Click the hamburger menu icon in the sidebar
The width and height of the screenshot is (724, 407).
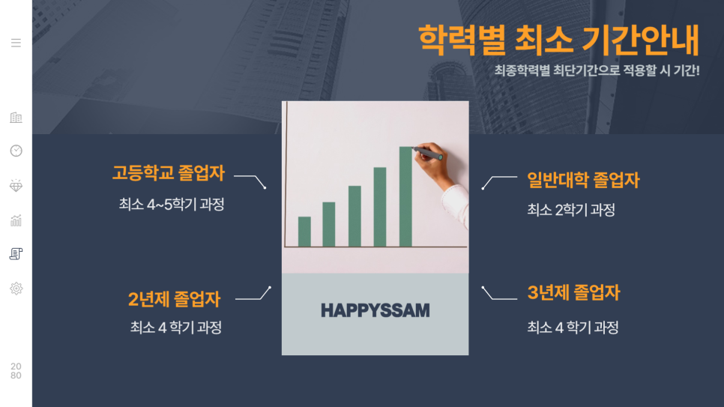16,43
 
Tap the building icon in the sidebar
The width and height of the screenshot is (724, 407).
16,118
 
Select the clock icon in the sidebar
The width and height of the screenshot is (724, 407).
16,151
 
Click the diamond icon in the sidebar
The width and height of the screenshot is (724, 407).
16,186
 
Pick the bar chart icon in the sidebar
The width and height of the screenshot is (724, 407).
16,220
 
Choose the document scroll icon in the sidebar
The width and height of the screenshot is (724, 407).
16,253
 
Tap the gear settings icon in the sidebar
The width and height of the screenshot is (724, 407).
16,289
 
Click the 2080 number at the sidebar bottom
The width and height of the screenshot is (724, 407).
16,371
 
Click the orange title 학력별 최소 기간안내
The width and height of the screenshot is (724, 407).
558,40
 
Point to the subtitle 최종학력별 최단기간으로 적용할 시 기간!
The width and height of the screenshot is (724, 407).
597,70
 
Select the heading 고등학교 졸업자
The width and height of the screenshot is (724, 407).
169,173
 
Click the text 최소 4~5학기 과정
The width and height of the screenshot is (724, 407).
172,204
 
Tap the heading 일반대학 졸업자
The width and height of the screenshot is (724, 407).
583,180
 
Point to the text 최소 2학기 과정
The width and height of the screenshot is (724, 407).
571,210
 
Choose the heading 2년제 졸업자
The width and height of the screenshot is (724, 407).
175,299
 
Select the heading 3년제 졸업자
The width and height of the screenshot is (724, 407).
573,292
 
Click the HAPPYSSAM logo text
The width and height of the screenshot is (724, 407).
375,310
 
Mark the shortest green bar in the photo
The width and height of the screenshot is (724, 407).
304,232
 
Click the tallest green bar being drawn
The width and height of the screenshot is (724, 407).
405,197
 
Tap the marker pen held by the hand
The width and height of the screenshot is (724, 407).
428,154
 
